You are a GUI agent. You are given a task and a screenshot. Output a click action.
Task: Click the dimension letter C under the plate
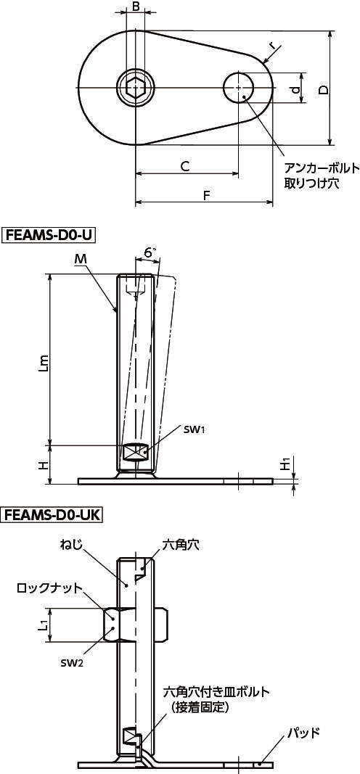pyautogui.click(x=184, y=167)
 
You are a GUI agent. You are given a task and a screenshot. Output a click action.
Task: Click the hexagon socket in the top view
pyautogui.click(x=135, y=88)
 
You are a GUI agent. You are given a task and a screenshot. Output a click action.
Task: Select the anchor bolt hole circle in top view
pyautogui.click(x=238, y=88)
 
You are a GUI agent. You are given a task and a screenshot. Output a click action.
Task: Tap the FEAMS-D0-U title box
pyautogui.click(x=49, y=234)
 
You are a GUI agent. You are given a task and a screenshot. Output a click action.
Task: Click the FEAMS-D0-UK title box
pyautogui.click(x=52, y=515)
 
